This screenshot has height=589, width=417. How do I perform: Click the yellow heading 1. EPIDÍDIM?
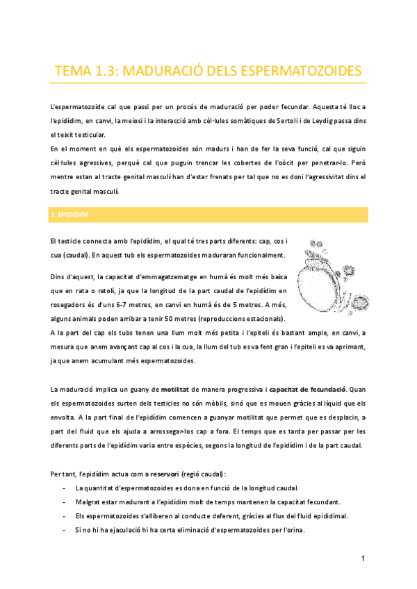(69, 215)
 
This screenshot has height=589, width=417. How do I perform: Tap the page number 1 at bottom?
(363, 558)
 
